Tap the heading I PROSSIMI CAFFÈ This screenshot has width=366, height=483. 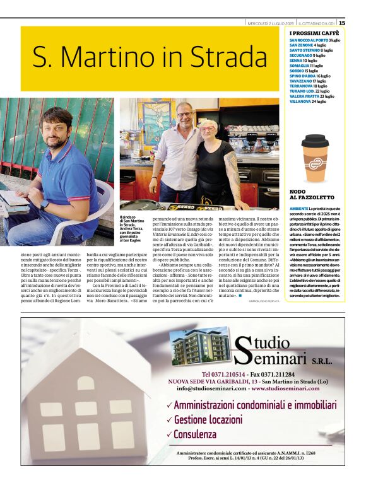pos(314,33)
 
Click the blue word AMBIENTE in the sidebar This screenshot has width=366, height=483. pos(299,208)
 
